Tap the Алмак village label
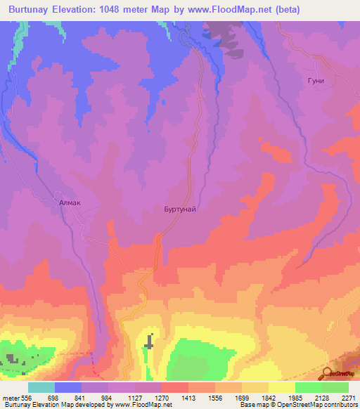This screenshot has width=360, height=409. click(x=70, y=202)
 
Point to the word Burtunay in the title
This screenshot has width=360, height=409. click(x=32, y=10)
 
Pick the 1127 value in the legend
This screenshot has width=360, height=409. click(x=136, y=398)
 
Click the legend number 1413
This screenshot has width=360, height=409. click(x=189, y=398)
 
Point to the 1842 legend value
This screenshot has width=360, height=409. click(x=269, y=398)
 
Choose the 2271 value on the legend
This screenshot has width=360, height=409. click(x=348, y=398)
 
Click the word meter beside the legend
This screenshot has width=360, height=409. click(x=11, y=398)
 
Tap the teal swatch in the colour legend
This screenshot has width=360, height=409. click(x=41, y=387)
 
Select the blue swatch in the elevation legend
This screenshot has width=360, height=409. click(x=68, y=387)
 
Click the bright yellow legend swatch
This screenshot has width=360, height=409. click(x=282, y=387)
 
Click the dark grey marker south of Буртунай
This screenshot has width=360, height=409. click(x=149, y=342)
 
